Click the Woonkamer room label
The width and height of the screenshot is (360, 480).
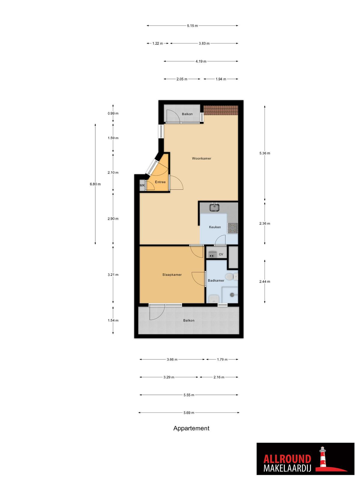pos(201,158)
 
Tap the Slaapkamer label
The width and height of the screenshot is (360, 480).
pos(172,275)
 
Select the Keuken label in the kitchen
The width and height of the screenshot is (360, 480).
pos(214,227)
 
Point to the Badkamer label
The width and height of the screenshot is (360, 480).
pos(216,280)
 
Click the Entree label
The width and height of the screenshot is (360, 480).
pos(160,182)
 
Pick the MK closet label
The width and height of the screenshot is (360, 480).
pos(142,185)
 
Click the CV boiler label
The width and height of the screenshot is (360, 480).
pos(221,254)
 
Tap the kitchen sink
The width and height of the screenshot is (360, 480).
pos(214,207)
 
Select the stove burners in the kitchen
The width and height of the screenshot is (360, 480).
pos(232,228)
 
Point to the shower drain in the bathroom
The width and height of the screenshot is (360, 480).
pos(232,295)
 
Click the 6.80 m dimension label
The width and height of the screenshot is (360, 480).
pos(95,184)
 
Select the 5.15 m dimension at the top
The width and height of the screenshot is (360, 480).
pos(192,26)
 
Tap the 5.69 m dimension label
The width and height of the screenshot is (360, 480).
pos(189,412)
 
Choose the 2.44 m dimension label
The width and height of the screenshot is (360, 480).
pos(265,281)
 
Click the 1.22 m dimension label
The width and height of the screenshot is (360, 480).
pos(157,43)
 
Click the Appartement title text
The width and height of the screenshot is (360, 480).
pos(191,428)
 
